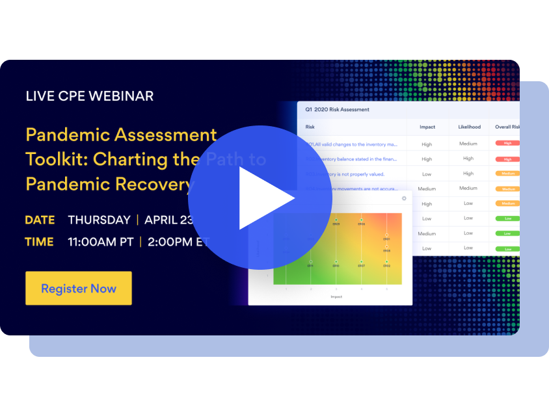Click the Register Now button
(79, 289)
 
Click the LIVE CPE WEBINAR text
(90, 96)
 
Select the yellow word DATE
(40, 220)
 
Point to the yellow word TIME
(39, 242)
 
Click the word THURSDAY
(99, 220)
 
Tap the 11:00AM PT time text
(101, 242)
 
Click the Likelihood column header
(469, 127)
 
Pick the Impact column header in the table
(427, 127)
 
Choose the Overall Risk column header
(507, 127)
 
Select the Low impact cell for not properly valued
(427, 174)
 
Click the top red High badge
(507, 143)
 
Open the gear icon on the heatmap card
(404, 198)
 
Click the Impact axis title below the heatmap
(336, 296)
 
